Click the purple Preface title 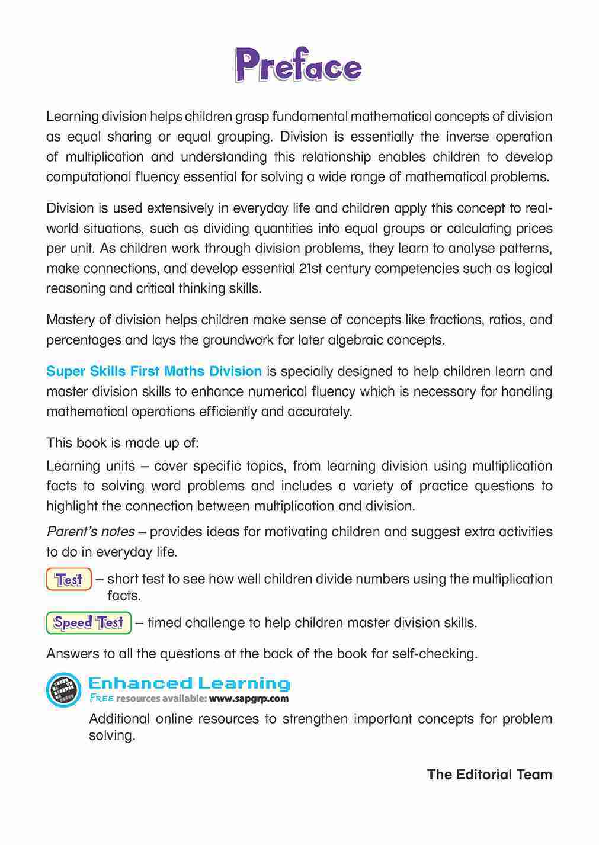298,66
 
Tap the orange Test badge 69,579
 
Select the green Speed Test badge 89,623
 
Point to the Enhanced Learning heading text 189,684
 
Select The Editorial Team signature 489,775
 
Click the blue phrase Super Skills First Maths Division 154,371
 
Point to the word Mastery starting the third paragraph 69,320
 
